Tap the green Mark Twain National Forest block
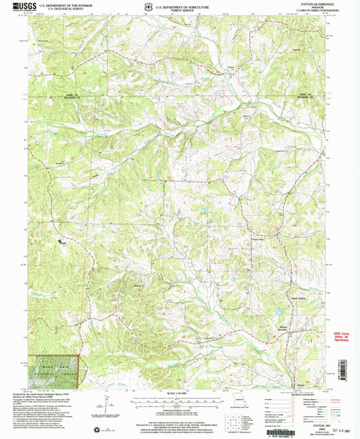(53, 371)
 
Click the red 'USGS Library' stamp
(344, 336)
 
